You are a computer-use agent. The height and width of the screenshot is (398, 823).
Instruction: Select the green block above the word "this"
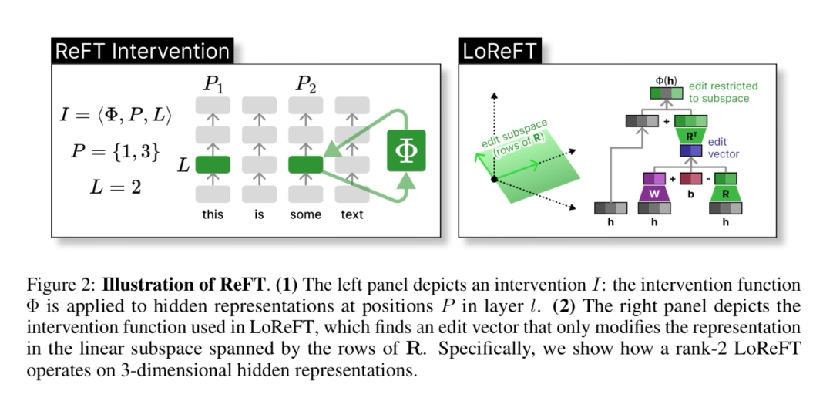(213, 165)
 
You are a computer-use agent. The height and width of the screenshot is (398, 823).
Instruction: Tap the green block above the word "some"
(305, 165)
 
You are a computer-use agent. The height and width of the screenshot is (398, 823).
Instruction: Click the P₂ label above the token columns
(306, 84)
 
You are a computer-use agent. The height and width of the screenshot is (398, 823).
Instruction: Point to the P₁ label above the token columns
(213, 84)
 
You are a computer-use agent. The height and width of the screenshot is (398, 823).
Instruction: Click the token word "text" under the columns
(352, 214)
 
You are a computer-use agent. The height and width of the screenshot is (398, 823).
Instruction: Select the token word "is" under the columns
(259, 214)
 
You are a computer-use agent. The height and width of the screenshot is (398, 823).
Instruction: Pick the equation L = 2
(116, 186)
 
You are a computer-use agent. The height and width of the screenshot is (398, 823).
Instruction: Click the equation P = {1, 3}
(115, 151)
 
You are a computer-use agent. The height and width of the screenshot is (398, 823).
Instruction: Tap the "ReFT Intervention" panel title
(142, 52)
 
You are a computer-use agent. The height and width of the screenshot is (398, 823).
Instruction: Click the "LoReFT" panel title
(499, 52)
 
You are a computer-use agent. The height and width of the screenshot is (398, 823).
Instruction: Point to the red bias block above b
(690, 179)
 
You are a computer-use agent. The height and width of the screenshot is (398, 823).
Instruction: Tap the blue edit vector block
(690, 151)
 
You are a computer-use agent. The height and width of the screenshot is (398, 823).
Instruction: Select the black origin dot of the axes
(494, 179)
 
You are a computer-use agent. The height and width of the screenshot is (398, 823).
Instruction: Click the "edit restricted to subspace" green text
(722, 93)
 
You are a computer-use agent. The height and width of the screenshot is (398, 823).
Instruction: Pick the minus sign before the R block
(707, 179)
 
